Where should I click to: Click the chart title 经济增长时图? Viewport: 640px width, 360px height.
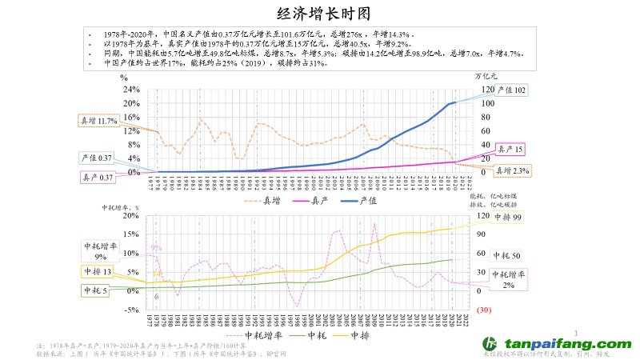320,13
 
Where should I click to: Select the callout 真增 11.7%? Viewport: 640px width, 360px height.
98,120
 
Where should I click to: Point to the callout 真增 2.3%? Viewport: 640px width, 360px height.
511,170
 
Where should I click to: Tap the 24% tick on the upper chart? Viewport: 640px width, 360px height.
131,90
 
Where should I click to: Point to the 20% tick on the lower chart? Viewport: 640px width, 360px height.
131,216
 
